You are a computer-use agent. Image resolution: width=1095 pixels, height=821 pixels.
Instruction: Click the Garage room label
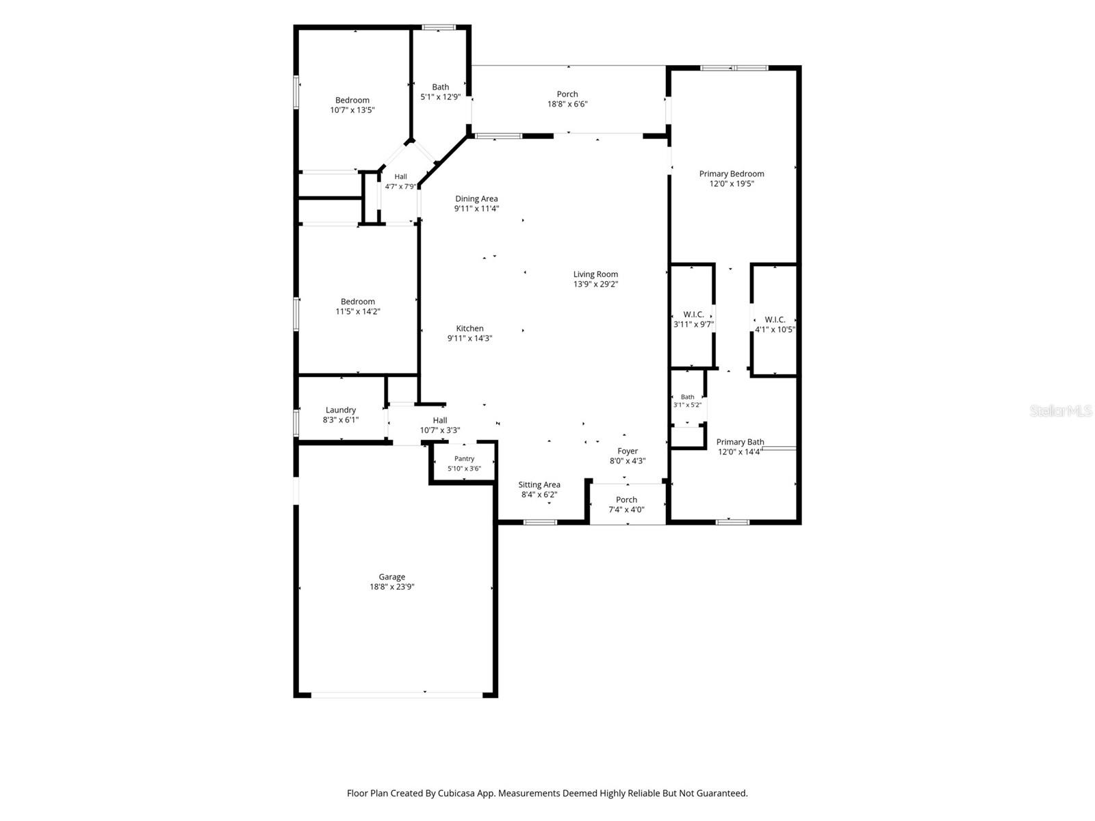coord(391,577)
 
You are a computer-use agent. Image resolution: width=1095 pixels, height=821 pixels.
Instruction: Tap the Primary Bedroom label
coord(731,174)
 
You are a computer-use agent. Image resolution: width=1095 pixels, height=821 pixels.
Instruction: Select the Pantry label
coord(464,458)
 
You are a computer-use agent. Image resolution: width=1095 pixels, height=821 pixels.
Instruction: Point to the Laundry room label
coord(340,410)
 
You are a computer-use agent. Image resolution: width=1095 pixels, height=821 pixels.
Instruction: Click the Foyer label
coord(627,451)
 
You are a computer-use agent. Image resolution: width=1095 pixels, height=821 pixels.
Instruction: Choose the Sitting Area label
coord(539,484)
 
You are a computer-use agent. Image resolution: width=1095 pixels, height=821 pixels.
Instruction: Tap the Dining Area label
coord(476,198)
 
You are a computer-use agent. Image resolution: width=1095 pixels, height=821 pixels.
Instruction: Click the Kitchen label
coord(469,328)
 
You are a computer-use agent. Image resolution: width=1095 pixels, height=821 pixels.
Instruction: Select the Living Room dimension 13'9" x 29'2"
coord(595,284)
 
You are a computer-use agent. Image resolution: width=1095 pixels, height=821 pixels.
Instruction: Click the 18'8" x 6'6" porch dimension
coord(567,104)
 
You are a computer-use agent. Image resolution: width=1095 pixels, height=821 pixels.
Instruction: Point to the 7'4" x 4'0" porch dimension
coord(626,510)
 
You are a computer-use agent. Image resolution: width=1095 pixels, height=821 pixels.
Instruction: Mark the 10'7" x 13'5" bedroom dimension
coord(352,110)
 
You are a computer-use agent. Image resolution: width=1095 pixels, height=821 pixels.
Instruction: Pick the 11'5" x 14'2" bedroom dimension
coord(357,311)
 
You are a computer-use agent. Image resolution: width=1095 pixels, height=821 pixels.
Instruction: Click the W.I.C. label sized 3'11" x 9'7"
coord(693,315)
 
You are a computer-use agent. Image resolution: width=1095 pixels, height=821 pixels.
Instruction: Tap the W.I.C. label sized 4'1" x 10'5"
coord(774,320)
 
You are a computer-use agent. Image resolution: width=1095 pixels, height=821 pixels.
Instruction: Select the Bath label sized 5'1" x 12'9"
coord(440,87)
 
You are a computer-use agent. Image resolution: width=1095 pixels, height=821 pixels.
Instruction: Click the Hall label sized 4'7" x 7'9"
coord(400,177)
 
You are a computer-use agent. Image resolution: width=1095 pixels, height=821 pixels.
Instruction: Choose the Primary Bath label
coord(739,442)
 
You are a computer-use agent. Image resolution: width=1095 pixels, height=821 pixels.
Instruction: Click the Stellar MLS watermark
coord(1061,410)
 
